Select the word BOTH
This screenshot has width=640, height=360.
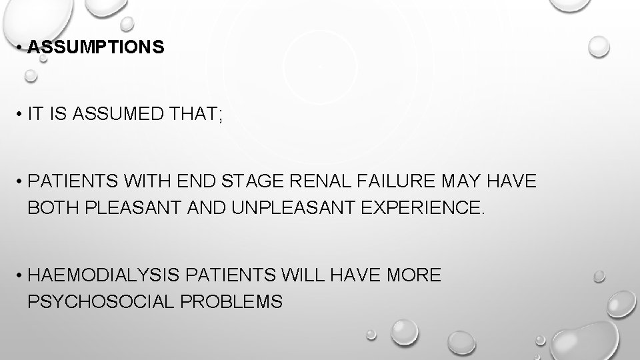[x=52, y=208]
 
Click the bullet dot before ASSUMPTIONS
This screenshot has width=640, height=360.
[x=21, y=48]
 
